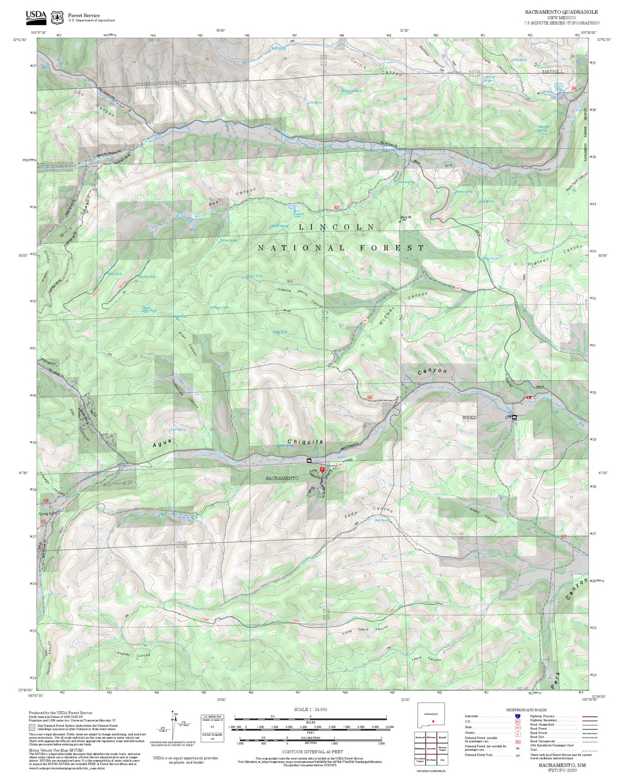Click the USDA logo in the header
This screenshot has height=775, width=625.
point(36,16)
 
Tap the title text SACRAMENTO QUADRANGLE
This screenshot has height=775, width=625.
point(561,12)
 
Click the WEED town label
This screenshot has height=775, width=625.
point(469,417)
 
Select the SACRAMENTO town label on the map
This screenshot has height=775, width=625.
point(282,478)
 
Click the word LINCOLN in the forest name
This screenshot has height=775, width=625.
point(337,227)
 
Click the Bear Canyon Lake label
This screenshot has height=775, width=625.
point(299,214)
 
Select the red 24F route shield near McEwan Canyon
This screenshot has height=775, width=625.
point(365,321)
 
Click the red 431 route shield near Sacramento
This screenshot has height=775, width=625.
point(340,464)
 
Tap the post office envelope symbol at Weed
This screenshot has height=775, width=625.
point(514,417)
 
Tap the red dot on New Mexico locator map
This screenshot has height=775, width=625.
point(433,721)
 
